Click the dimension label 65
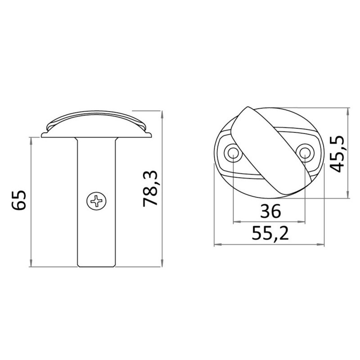pos(19,200)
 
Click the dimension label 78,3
pos(150,189)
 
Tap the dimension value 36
pos(270,211)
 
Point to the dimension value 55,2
pos(270,233)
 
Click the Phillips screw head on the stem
pos(96,201)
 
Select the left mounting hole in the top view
pos(233,152)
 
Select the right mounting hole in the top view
pos(305,152)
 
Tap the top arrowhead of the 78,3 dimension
pos(162,115)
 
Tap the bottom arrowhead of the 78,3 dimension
pos(162,263)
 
